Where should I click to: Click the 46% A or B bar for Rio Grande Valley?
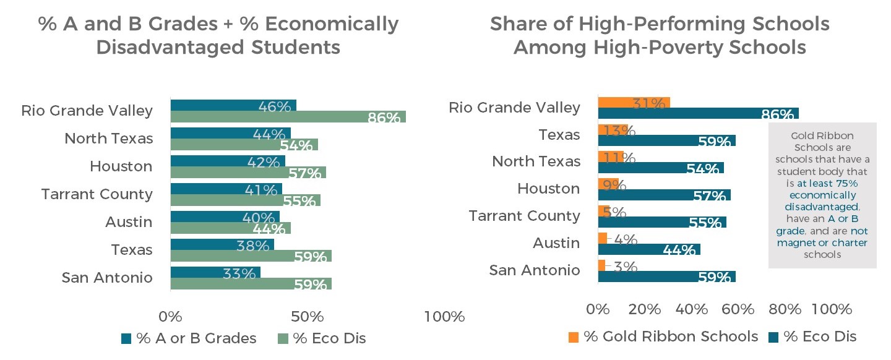(233, 105)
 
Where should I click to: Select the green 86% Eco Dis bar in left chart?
(288, 116)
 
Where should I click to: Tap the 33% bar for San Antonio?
(215, 272)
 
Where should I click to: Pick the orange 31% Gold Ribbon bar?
(634, 103)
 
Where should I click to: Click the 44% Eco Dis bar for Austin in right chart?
(648, 249)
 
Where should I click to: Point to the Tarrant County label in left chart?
(97, 194)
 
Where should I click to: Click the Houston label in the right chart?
(549, 188)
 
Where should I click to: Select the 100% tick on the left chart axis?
(444, 317)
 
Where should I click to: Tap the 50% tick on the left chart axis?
(308, 317)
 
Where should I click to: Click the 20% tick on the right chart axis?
(645, 309)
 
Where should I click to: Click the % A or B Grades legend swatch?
(126, 338)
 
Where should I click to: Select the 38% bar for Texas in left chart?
(222, 244)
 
